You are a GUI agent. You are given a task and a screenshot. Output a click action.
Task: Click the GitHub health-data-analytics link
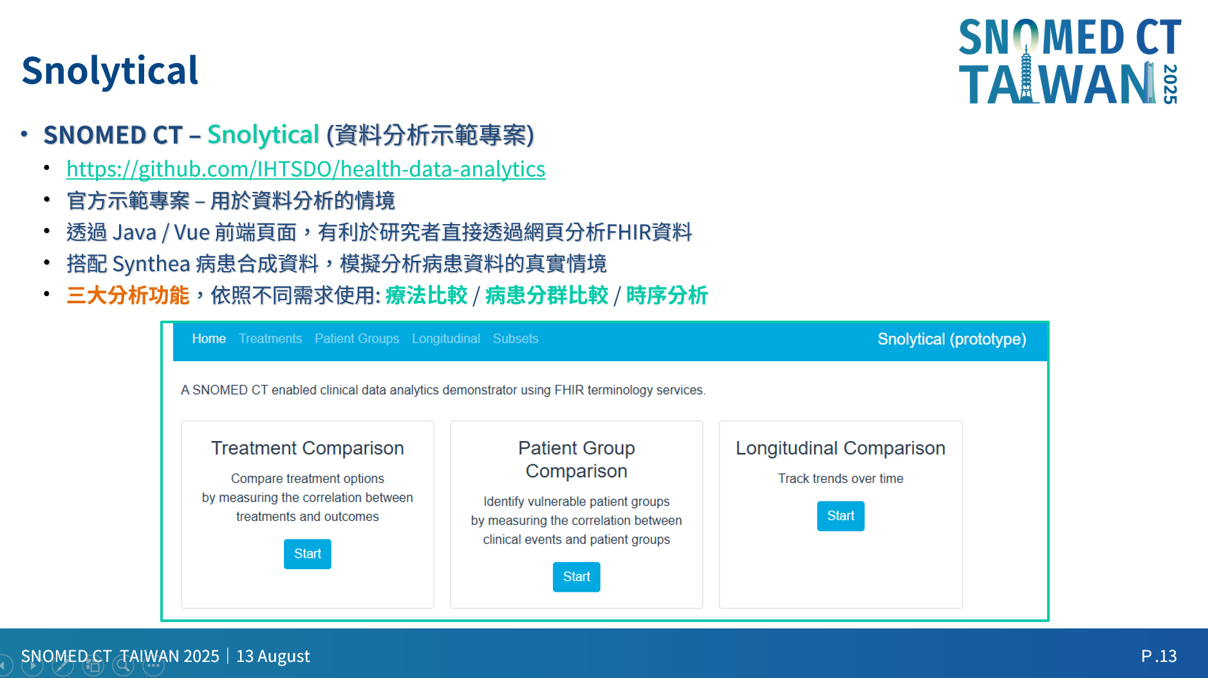(306, 169)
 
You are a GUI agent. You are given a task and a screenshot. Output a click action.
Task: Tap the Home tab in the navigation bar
(209, 339)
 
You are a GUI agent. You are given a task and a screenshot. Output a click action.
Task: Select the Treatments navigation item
(270, 339)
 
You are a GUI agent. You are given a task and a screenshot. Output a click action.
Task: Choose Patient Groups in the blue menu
(357, 339)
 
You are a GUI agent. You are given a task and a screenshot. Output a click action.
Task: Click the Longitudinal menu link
(446, 339)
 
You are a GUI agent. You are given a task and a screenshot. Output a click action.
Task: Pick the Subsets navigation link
(516, 339)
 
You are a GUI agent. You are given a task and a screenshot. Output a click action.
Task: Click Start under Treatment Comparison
(308, 554)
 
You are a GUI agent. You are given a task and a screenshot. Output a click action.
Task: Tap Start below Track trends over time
(841, 516)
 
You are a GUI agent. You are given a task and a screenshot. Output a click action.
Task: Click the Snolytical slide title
(110, 71)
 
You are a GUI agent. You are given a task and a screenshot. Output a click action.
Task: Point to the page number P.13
(1158, 656)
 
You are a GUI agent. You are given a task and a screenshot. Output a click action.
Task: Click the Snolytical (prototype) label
(952, 339)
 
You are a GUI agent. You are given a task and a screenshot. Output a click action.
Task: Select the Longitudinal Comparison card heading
(841, 448)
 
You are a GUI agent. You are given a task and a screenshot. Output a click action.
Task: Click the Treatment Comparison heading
(308, 448)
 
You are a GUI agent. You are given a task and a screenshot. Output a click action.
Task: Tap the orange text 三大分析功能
(128, 296)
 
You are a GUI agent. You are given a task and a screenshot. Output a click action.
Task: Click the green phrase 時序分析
(667, 296)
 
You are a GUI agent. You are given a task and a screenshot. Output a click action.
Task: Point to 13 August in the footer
(273, 656)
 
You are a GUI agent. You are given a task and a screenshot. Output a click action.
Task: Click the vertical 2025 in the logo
(1170, 84)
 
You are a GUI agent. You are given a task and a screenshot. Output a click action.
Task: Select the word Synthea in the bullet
(151, 264)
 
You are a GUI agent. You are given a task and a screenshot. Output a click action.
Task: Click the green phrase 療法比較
(426, 296)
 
